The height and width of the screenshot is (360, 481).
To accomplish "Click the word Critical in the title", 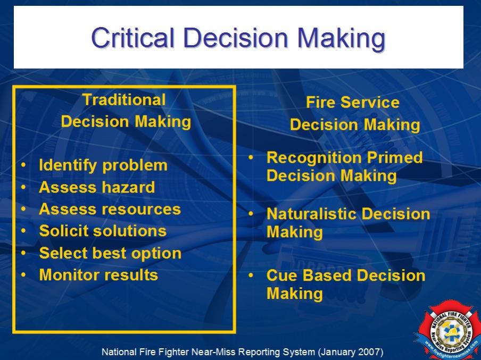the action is (x=133, y=38).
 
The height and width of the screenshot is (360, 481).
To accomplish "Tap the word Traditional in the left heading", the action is (x=124, y=100).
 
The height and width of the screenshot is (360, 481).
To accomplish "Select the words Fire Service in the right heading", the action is (x=353, y=102).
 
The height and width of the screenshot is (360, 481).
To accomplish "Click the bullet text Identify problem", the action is (x=103, y=165).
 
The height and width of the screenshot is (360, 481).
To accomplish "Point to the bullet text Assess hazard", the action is (x=97, y=187).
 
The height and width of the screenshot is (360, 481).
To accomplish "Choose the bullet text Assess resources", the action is (x=110, y=209).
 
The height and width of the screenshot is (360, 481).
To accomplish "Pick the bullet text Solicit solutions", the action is (x=103, y=231).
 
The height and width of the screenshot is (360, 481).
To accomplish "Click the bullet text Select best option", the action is (x=110, y=253).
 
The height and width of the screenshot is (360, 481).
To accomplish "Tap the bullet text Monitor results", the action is (x=98, y=275).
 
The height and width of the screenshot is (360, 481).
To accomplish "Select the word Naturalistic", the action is (x=312, y=214).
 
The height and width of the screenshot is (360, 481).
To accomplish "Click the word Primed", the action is (x=395, y=157).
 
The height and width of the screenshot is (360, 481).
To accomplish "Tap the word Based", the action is (x=327, y=275).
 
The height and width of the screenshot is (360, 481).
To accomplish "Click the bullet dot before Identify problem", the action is (x=23, y=165).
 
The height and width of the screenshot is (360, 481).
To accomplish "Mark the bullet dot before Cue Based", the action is (x=251, y=275).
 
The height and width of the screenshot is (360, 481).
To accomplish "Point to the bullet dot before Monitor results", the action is (x=23, y=275).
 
